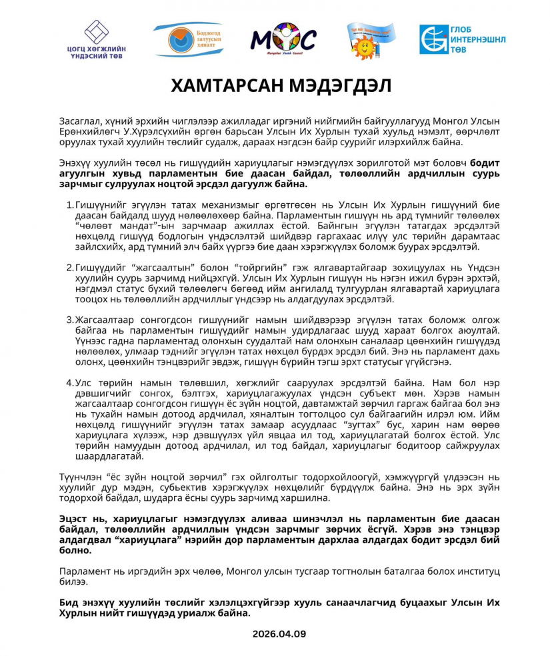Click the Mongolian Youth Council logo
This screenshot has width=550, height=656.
(x=283, y=39)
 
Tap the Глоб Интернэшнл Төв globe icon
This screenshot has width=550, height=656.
(x=433, y=39)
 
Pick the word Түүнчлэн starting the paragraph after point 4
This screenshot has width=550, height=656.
(x=82, y=477)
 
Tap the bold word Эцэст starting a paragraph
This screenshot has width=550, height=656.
(x=75, y=519)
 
